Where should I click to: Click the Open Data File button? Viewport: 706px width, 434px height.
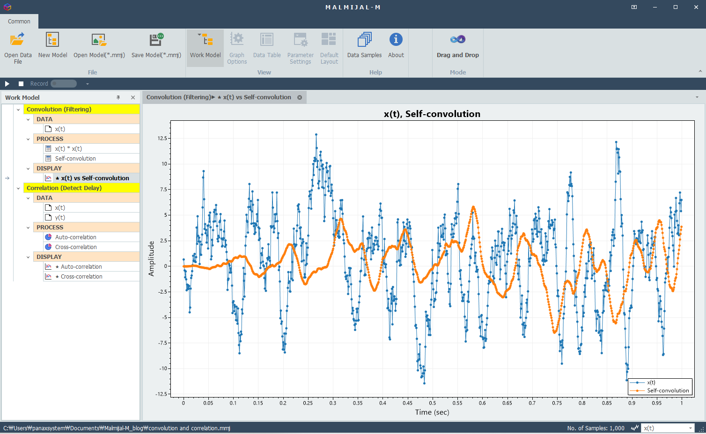coord(18,48)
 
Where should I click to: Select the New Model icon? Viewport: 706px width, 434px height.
coord(52,40)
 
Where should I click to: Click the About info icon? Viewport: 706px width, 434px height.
coord(396,39)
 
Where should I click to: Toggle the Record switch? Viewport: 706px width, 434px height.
coord(64,83)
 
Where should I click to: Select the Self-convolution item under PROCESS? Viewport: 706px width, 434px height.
coord(75,159)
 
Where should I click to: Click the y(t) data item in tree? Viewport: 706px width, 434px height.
coord(60,218)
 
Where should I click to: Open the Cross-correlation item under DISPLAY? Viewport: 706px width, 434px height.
coord(81,276)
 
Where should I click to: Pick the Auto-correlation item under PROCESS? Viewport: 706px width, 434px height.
coord(76,237)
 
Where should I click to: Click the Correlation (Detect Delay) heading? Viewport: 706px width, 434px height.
coord(64,188)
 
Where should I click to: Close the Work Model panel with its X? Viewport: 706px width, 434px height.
coord(133,98)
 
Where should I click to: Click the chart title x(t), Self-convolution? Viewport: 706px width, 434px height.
coord(432,114)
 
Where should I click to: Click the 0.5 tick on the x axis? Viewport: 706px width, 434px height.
coord(433,403)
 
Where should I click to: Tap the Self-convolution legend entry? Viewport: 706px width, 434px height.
coord(660,390)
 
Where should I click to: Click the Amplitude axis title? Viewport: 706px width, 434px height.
coord(151,258)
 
